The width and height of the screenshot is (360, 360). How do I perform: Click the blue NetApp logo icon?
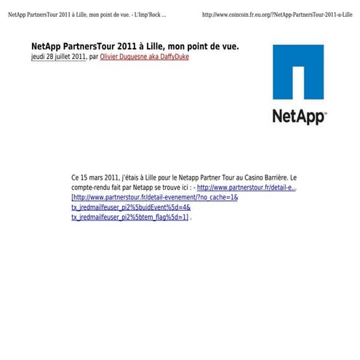(x=298, y=72)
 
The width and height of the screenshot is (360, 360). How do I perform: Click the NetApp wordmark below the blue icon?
(x=299, y=116)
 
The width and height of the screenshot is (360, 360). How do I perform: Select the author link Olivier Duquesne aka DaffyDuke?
(x=144, y=57)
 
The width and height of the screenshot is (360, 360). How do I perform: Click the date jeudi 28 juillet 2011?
(x=58, y=57)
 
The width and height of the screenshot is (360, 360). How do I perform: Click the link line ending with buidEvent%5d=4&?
(x=131, y=207)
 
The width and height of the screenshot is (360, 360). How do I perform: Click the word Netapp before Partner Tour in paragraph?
(x=190, y=177)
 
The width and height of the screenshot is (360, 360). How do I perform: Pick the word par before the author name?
(x=93, y=57)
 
